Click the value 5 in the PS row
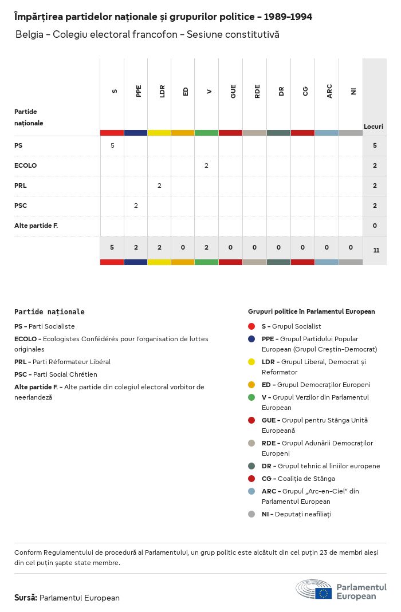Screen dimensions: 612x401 pos(112,145)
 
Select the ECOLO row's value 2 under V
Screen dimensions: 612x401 pos(206,165)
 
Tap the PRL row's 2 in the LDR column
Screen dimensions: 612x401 pos(159,185)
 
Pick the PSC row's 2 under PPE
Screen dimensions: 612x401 pos(136,206)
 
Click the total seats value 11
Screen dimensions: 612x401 pos(375,250)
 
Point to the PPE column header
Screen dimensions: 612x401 pos(139,91)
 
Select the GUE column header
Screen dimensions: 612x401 pos(233,91)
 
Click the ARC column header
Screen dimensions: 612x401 pos(329,91)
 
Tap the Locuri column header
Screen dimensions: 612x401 pos(374,126)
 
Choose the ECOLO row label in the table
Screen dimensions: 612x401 pos(25,165)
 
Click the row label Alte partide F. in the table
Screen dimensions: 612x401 pos(36,226)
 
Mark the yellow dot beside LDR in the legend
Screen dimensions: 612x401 pos(251,362)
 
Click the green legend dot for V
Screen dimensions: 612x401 pos(251,397)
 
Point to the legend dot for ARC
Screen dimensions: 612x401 pos(251,491)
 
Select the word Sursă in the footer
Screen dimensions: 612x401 pos(25,598)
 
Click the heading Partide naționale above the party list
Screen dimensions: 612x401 pos(49,312)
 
